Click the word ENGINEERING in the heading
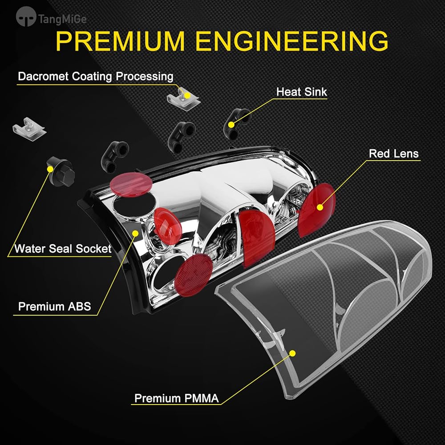point(292,41)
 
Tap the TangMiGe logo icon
point(26,16)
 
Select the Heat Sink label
point(302,92)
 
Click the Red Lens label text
point(394,154)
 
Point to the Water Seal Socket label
point(63,249)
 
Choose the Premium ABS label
point(54,307)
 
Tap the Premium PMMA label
point(176,398)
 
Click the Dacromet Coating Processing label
point(96,77)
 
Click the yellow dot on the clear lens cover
point(293,353)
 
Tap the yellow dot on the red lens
point(320,207)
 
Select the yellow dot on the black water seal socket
point(50,169)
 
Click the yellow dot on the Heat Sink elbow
point(231,125)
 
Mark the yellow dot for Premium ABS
point(135,233)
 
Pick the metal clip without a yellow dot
point(29,126)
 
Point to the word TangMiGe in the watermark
point(62,19)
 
